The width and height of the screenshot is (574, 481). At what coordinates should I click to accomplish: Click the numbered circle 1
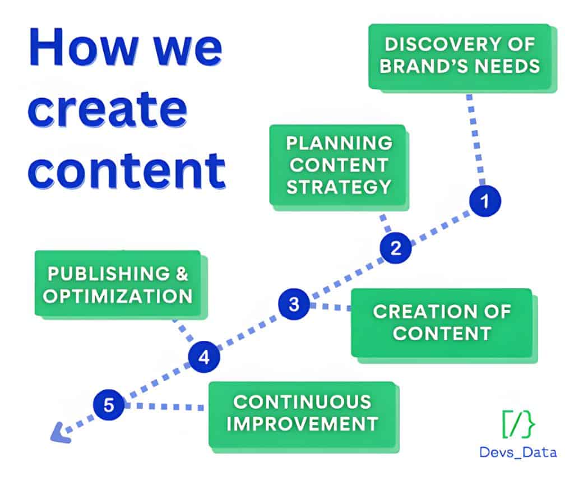coord(485,201)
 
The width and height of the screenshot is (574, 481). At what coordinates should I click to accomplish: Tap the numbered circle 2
coord(396,247)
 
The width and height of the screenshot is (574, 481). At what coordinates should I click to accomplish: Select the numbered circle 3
coord(294,304)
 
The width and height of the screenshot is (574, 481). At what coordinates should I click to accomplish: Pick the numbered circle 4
coord(204,357)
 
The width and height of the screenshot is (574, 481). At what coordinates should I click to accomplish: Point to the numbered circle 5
coord(109,404)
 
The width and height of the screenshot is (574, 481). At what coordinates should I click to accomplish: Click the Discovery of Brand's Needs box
coord(459,56)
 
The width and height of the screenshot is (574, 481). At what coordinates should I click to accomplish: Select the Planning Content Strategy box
coord(338,165)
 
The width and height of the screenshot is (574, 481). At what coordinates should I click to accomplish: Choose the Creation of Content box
coord(441,322)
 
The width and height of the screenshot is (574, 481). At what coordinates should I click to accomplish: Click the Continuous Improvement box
coord(302,413)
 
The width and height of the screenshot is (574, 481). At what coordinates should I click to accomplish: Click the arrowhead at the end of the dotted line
coord(57,434)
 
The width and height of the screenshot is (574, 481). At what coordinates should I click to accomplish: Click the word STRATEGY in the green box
coord(338,187)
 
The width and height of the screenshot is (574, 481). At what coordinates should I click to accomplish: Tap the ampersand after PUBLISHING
coord(179,274)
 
